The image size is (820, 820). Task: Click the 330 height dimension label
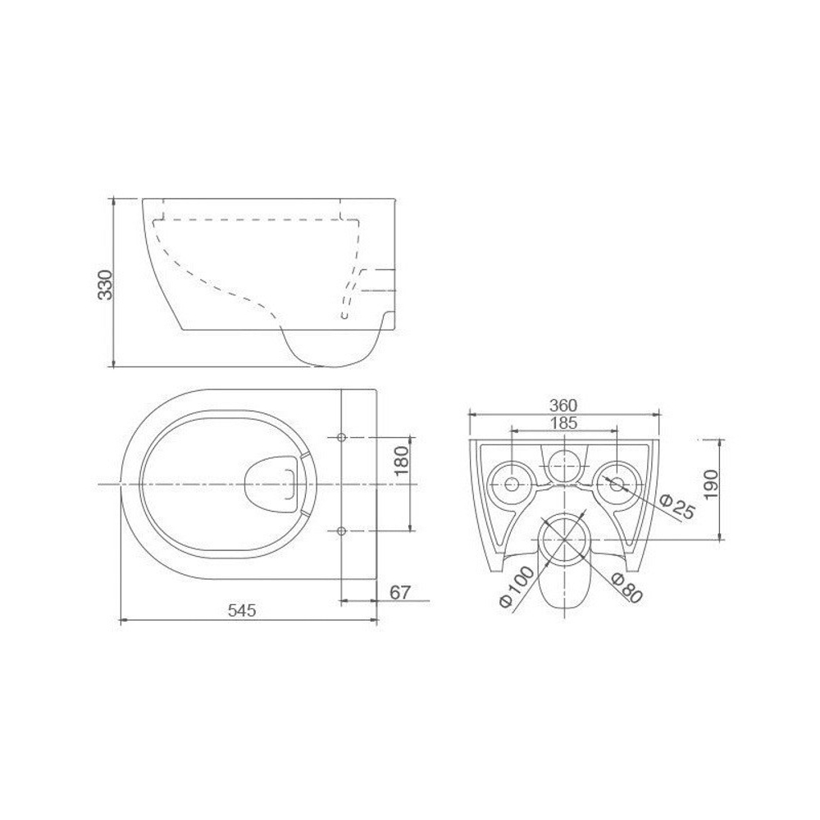pyautogui.click(x=106, y=285)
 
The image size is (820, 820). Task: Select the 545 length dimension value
pyautogui.click(x=243, y=610)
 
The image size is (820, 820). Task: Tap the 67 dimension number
pyautogui.click(x=401, y=593)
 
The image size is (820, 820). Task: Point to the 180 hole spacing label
pyautogui.click(x=402, y=460)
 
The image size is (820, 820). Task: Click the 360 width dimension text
pyautogui.click(x=563, y=405)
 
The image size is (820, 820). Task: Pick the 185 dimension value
pyautogui.click(x=564, y=422)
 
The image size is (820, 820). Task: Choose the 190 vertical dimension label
pyautogui.click(x=711, y=485)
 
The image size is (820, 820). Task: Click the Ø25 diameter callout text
pyautogui.click(x=678, y=505)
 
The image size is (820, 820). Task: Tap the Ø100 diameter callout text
pyautogui.click(x=517, y=586)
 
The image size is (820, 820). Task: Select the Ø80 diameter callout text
pyautogui.click(x=626, y=587)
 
